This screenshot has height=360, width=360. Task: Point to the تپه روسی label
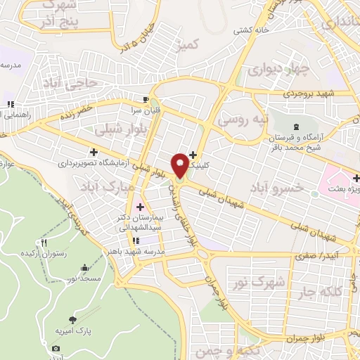pos(243,120)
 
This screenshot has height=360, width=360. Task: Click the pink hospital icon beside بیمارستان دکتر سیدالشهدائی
pos(140,207)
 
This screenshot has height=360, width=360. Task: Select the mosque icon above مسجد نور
pos(85,268)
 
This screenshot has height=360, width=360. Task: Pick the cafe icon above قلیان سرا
pos(146,100)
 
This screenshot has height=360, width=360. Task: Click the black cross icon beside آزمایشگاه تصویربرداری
pos(94,152)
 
